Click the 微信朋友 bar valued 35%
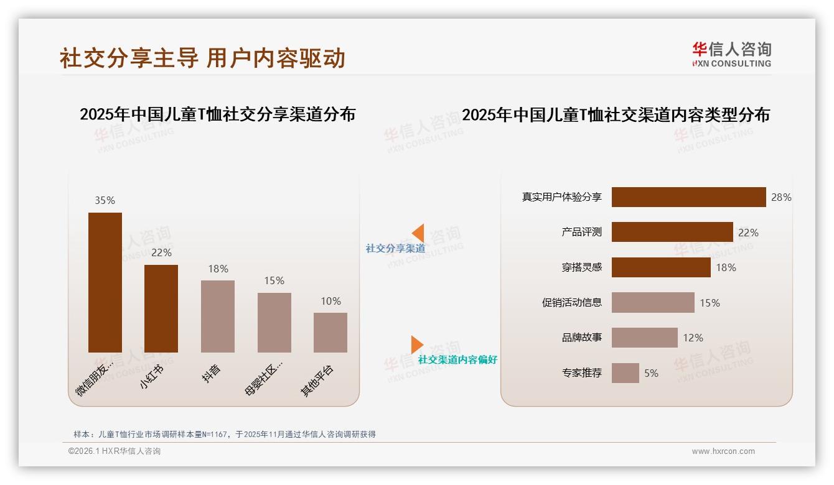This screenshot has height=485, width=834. click(105, 282)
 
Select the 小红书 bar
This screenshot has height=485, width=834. click(161, 308)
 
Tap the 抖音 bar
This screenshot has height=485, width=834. click(218, 316)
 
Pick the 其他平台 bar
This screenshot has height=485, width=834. click(330, 332)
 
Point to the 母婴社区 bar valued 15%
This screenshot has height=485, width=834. click(274, 322)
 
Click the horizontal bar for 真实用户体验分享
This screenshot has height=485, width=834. click(688, 197)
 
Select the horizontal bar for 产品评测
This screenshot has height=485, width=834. click(672, 232)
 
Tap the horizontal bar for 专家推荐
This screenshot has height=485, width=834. click(625, 373)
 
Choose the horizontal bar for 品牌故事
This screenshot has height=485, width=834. click(644, 338)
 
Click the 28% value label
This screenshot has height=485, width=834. click(781, 197)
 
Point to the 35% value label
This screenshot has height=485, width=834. click(105, 200)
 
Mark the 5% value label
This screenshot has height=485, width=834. click(651, 373)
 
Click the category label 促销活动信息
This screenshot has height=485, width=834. click(572, 303)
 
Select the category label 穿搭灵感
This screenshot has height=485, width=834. click(581, 267)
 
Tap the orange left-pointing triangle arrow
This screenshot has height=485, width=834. click(418, 233)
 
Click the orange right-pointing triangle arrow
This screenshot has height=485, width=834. click(417, 344)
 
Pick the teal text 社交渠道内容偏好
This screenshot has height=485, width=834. click(457, 360)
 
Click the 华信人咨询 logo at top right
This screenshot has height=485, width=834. click(731, 54)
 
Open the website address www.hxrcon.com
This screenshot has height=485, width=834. click(723, 451)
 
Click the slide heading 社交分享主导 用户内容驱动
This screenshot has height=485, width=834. click(202, 58)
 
